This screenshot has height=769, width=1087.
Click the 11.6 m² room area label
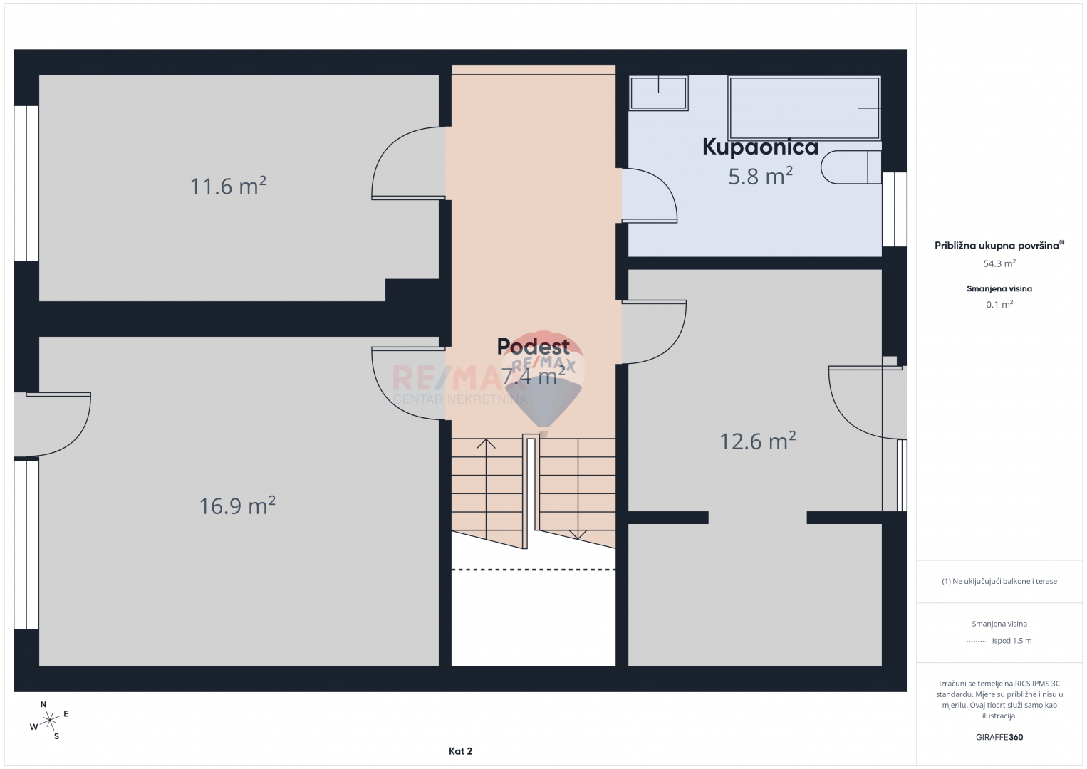[228, 186]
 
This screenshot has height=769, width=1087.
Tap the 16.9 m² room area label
[237, 506]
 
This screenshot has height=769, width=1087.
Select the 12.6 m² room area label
[757, 441]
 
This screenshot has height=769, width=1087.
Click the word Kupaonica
[761, 147]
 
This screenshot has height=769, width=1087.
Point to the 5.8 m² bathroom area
[761, 176]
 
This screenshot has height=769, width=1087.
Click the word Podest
[534, 347]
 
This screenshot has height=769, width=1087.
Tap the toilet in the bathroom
[851, 167]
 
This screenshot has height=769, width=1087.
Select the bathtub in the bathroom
[804, 108]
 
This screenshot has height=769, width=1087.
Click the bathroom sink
[658, 93]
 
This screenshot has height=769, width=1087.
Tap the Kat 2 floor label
[460, 751]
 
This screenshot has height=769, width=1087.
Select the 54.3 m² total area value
[999, 263]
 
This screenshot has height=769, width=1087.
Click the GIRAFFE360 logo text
[999, 737]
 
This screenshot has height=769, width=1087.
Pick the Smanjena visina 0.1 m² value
[999, 304]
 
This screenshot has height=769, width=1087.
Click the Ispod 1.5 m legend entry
[999, 640]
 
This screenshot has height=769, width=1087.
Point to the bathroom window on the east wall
[895, 209]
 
